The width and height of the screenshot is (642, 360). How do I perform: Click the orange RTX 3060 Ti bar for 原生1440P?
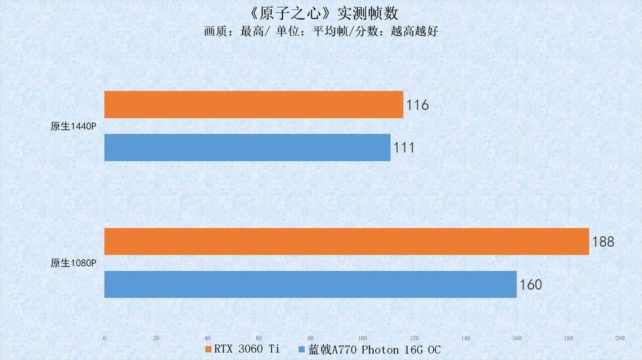pyautogui.click(x=253, y=105)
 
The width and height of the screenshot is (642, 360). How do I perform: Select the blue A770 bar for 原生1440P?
pyautogui.click(x=247, y=148)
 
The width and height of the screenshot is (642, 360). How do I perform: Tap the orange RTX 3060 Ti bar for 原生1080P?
pyautogui.click(x=346, y=242)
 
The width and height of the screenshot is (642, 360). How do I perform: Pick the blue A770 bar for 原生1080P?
pyautogui.click(x=310, y=284)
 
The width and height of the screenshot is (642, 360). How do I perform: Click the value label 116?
pyautogui.click(x=417, y=106)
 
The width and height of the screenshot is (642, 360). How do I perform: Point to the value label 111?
pyautogui.click(x=404, y=149)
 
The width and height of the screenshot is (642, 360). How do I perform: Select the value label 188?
pyautogui.click(x=603, y=242)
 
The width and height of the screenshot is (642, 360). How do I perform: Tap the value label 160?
pyautogui.click(x=531, y=285)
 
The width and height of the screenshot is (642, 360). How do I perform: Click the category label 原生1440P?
pyautogui.click(x=74, y=127)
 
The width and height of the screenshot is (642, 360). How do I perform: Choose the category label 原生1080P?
pyautogui.click(x=74, y=263)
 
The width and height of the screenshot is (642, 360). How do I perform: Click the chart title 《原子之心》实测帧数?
pyautogui.click(x=320, y=13)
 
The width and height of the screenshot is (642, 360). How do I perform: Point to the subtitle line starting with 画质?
pyautogui.click(x=320, y=32)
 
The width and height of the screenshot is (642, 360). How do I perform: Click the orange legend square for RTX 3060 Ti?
pyautogui.click(x=209, y=350)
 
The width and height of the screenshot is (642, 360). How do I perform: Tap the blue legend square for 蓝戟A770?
pyautogui.click(x=302, y=350)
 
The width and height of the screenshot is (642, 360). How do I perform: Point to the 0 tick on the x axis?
pyautogui.click(x=105, y=337)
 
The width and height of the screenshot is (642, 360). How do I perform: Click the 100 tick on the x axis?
pyautogui.click(x=362, y=337)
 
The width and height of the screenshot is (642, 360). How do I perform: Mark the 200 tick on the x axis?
pyautogui.click(x=620, y=337)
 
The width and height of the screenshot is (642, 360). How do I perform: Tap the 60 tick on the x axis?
pyautogui.click(x=260, y=337)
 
